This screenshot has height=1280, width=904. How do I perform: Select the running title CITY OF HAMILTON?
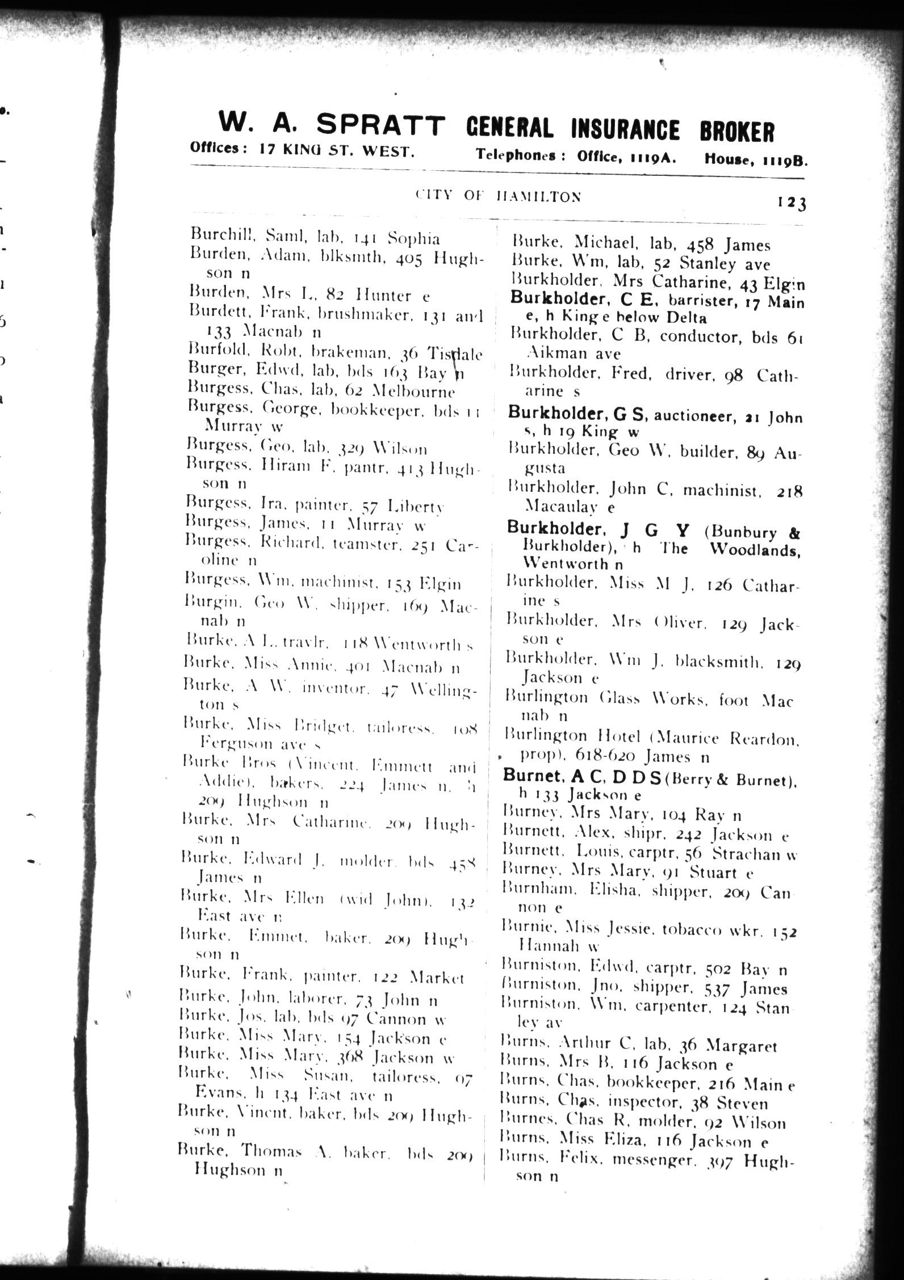498,196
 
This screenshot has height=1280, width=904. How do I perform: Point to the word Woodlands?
755,549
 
